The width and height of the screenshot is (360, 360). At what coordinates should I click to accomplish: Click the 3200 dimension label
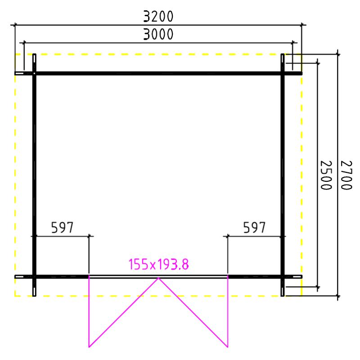(x=158, y=17)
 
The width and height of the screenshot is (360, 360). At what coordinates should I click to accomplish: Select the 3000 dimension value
(x=158, y=34)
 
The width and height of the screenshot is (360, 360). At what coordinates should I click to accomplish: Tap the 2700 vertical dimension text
(x=346, y=175)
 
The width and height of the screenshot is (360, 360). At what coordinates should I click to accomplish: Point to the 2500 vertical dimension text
(x=326, y=175)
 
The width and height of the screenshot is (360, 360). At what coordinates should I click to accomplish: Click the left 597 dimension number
(x=62, y=228)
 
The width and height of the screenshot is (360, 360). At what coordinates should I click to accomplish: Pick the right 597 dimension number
(x=254, y=228)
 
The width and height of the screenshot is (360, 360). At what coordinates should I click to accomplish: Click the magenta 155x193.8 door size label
(x=159, y=264)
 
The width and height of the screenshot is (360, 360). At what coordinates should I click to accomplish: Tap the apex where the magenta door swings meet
(x=158, y=278)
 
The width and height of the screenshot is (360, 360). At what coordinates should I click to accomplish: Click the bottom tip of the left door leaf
(x=89, y=347)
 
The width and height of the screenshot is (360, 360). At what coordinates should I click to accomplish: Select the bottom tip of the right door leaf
(x=228, y=347)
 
